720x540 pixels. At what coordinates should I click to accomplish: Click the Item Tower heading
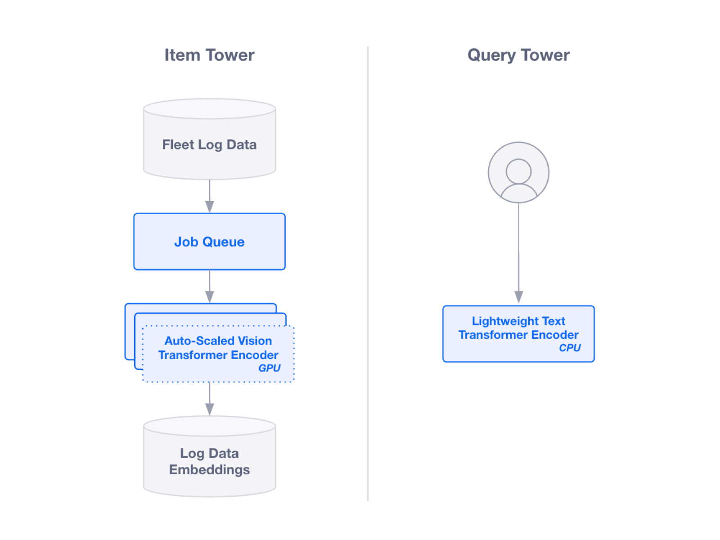tap(209, 55)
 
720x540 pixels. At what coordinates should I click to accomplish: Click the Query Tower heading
tap(518, 55)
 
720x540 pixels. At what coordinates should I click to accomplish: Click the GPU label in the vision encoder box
tap(269, 368)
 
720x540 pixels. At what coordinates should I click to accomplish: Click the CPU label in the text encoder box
tap(569, 348)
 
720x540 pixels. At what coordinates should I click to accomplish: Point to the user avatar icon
tap(518, 173)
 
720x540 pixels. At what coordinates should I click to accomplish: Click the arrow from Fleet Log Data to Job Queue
tap(209, 196)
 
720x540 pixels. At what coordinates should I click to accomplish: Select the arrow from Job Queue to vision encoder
tap(209, 286)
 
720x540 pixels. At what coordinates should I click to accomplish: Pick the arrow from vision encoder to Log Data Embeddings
tap(209, 399)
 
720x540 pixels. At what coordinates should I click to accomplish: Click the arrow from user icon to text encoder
tap(518, 252)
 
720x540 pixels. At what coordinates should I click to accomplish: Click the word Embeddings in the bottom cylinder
tap(209, 470)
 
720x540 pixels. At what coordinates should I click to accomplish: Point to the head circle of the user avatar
tap(518, 171)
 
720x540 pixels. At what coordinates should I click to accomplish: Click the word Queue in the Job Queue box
tap(224, 242)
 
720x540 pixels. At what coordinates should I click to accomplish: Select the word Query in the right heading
tap(491, 55)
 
